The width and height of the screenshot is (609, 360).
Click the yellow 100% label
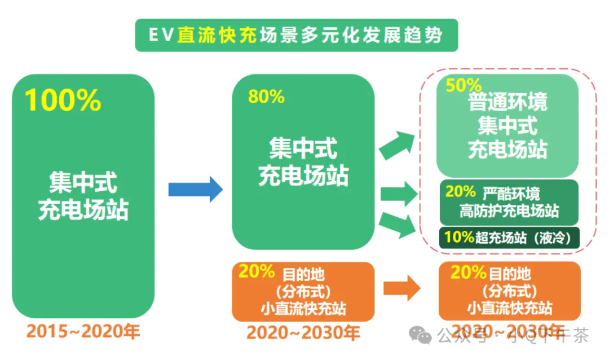tap(63, 100)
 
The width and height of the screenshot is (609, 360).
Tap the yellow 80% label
tap(266, 97)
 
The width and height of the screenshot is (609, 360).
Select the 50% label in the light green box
tap(464, 85)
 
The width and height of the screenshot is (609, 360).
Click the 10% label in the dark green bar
tap(459, 237)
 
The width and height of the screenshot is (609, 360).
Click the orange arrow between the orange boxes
tap(401, 288)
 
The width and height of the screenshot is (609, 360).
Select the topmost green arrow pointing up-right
tap(396, 144)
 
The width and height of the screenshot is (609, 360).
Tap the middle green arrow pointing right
tap(398, 195)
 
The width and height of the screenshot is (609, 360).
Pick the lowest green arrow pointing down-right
tap(396, 225)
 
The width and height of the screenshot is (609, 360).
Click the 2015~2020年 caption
tap(83, 331)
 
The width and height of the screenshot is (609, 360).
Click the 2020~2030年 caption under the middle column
tap(303, 332)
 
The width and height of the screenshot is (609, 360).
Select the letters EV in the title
tap(160, 35)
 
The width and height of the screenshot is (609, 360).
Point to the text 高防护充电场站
tap(509, 212)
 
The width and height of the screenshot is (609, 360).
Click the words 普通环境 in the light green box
tap(507, 103)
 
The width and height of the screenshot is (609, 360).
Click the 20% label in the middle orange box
tap(257, 271)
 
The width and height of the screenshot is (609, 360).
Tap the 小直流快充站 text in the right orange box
tap(509, 308)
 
